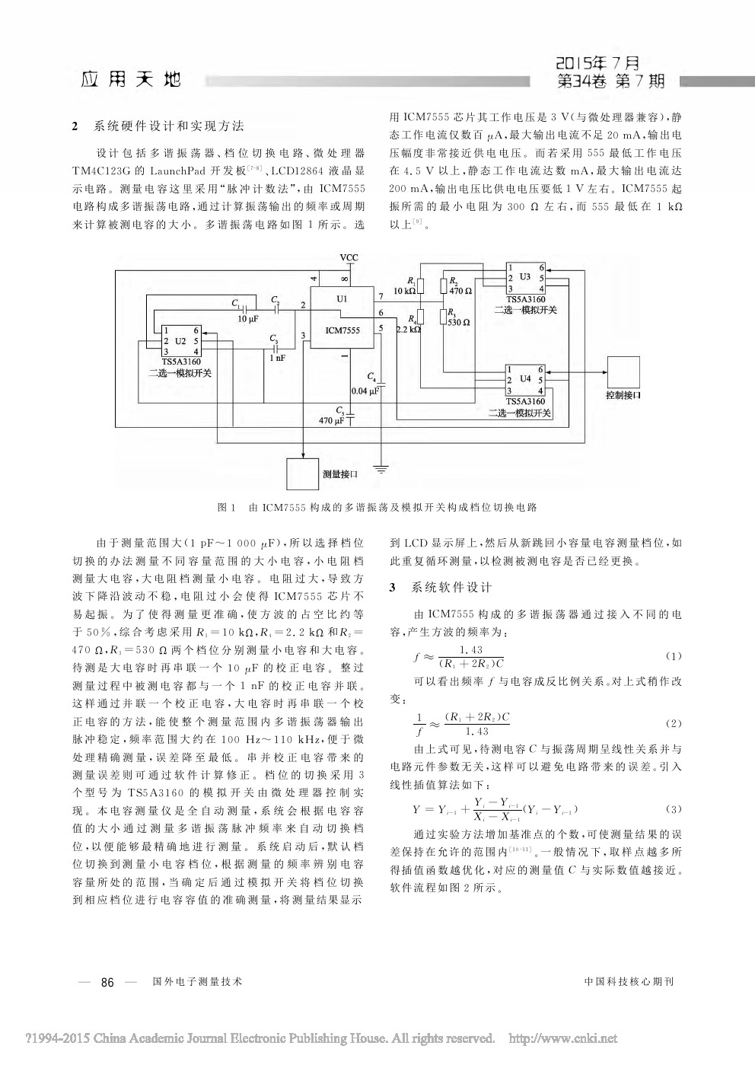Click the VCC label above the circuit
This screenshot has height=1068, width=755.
tap(348, 257)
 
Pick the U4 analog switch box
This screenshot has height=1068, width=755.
tap(526, 378)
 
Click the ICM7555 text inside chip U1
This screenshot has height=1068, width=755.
tap(342, 330)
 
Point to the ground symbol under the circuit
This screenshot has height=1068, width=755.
tap(381, 467)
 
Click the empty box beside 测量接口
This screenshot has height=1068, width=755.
tap(302, 473)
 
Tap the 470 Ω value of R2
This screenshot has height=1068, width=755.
tap(460, 291)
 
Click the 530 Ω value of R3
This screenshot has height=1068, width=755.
tap(460, 322)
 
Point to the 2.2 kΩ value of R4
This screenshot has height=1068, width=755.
tap(408, 330)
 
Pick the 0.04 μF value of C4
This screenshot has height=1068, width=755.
tap(365, 391)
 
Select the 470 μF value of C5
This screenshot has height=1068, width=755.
tap(333, 419)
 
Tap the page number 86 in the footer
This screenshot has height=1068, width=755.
tap(107, 983)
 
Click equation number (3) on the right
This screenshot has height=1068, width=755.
tap(673, 808)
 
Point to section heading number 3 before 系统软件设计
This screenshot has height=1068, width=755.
tap(393, 588)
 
